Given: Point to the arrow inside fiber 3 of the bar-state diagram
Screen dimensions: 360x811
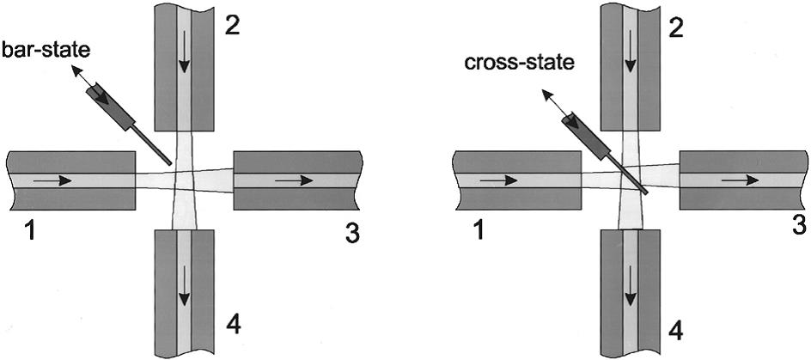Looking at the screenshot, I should (x=295, y=181).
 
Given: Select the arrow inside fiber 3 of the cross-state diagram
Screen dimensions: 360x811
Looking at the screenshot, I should (x=741, y=180).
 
